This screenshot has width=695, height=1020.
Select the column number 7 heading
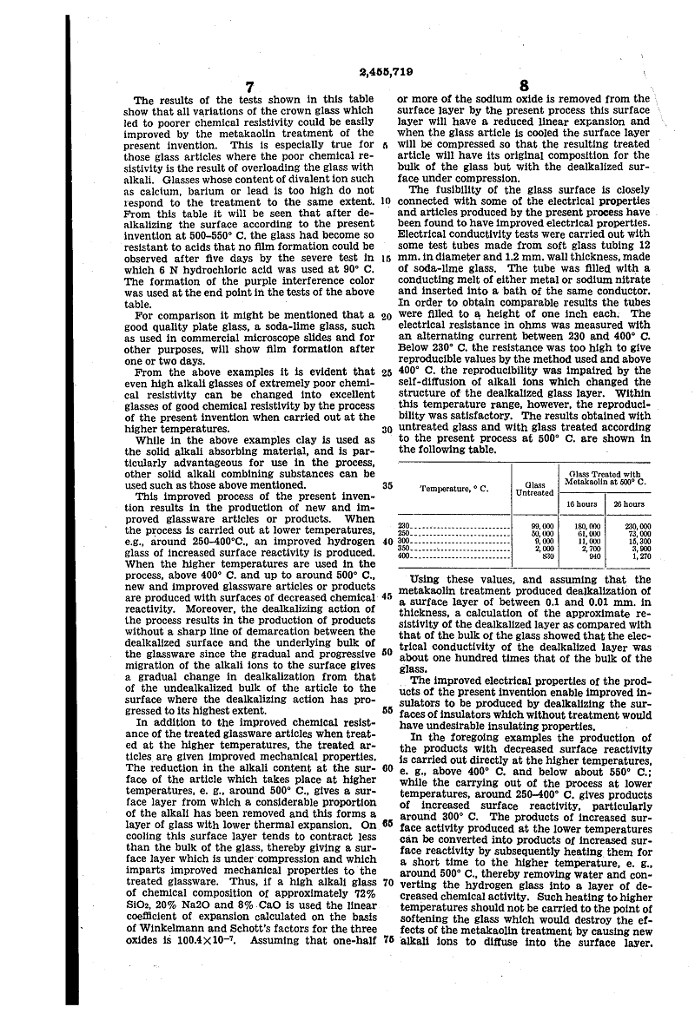point(249,87)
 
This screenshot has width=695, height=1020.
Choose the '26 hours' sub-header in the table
point(628,503)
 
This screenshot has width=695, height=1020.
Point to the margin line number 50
point(387,652)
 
